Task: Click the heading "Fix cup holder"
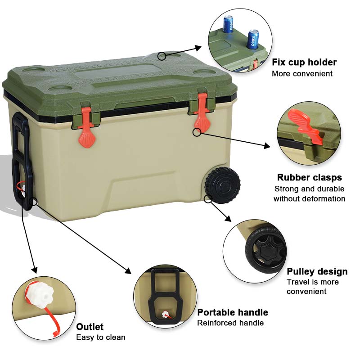(x=304, y=62)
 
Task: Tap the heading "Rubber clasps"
(x=309, y=177)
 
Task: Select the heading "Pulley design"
(x=317, y=271)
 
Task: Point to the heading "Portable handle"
(x=233, y=312)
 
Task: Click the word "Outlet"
(x=90, y=327)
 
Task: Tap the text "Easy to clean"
(x=100, y=337)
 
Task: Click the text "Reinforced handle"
(x=230, y=323)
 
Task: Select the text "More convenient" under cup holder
(x=302, y=73)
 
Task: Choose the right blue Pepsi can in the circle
(x=253, y=40)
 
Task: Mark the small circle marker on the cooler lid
(x=162, y=56)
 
